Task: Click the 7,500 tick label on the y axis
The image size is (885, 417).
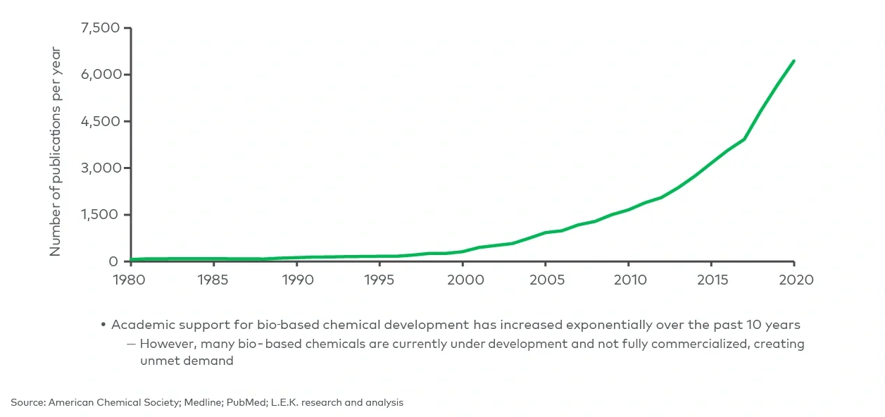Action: point(101,28)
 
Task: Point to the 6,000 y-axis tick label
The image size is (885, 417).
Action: point(101,75)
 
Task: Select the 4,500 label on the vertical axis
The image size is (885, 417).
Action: point(101,121)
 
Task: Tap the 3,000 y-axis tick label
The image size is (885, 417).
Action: point(101,168)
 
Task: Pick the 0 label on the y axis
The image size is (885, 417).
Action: point(113,261)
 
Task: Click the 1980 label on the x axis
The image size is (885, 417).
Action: point(130,280)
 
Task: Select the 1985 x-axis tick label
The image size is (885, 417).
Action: point(213,280)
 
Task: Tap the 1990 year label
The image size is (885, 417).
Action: point(296,280)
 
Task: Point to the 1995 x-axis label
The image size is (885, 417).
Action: point(379,280)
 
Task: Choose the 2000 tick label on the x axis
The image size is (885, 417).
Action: point(463,280)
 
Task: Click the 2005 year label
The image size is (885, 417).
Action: point(546,280)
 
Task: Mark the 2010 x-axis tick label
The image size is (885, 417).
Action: point(629,280)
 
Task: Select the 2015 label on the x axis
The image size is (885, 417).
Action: point(712,280)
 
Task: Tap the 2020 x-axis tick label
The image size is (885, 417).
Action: point(794,280)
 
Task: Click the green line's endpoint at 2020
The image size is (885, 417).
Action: point(794,61)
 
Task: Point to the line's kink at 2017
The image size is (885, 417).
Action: point(744,139)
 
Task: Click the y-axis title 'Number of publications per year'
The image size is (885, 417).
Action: point(56,151)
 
